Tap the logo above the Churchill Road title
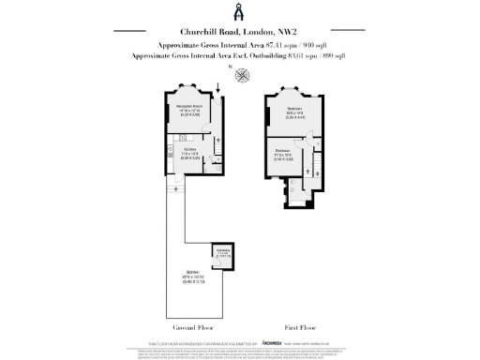click(239, 13)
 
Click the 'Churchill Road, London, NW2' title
click(239, 33)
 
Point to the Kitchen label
click(188, 152)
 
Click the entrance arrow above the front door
click(217, 89)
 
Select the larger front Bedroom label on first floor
click(294, 114)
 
